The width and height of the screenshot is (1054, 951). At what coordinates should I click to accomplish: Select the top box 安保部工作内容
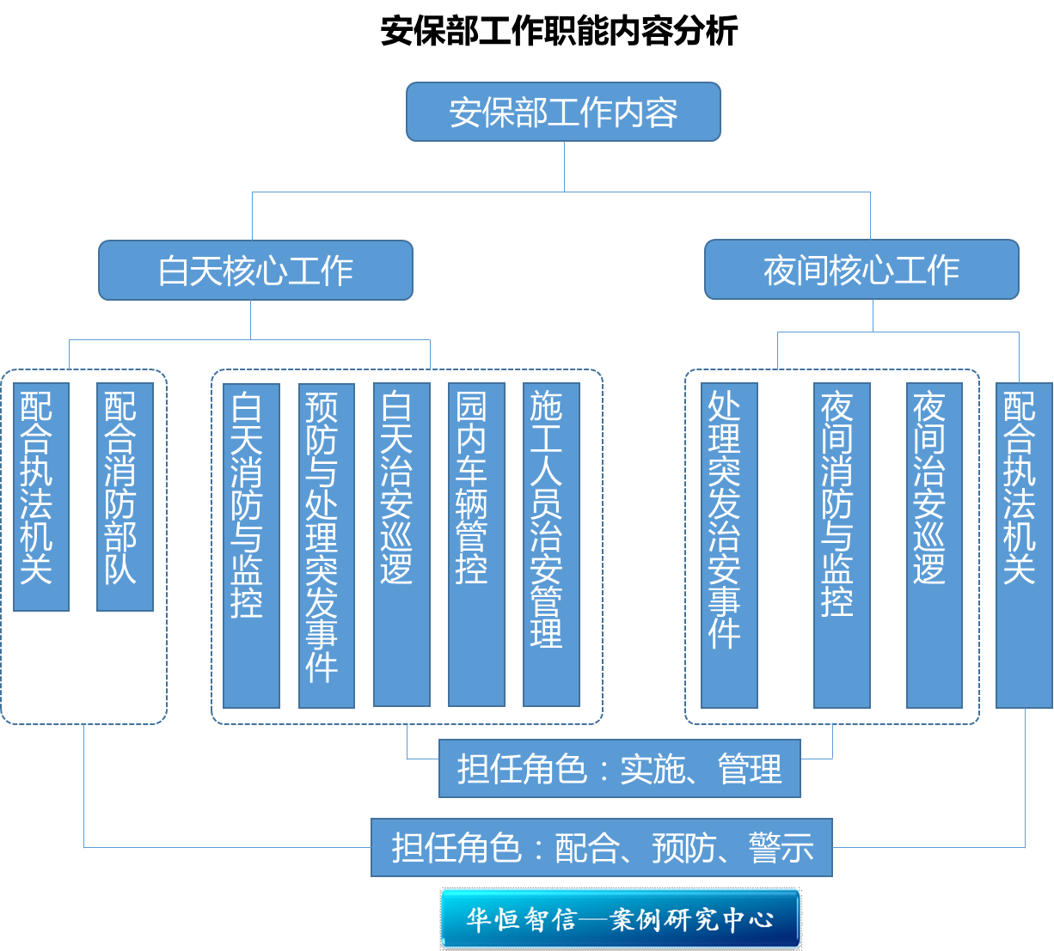(563, 112)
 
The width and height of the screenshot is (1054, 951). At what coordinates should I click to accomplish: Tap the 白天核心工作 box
(256, 271)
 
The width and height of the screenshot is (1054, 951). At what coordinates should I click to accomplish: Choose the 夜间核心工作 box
(861, 270)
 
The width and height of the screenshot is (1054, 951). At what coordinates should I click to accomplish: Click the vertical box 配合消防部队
(125, 497)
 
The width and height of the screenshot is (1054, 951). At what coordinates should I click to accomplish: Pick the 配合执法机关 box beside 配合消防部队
(41, 497)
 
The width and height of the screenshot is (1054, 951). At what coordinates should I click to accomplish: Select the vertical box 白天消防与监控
(251, 546)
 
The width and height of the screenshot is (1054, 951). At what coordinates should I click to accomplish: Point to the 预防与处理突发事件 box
(327, 546)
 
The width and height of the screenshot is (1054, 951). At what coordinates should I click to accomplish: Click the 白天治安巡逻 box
(402, 545)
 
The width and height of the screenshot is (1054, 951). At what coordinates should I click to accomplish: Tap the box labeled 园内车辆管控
(476, 545)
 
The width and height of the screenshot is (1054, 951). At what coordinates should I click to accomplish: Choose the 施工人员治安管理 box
(551, 545)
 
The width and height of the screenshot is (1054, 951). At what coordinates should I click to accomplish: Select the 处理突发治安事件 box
(729, 546)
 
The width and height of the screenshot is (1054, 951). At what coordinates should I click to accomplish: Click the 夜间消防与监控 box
(842, 546)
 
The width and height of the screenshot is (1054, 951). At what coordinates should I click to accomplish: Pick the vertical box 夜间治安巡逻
(935, 546)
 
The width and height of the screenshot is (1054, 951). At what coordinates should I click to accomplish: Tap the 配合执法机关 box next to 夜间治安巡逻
(1024, 546)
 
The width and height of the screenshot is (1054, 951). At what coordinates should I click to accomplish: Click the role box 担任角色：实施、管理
(620, 768)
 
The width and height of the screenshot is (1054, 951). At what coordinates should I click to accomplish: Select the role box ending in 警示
(602, 848)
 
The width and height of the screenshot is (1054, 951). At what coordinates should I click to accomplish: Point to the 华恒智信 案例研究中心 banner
(620, 919)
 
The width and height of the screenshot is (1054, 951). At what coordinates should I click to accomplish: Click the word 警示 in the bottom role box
(781, 848)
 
